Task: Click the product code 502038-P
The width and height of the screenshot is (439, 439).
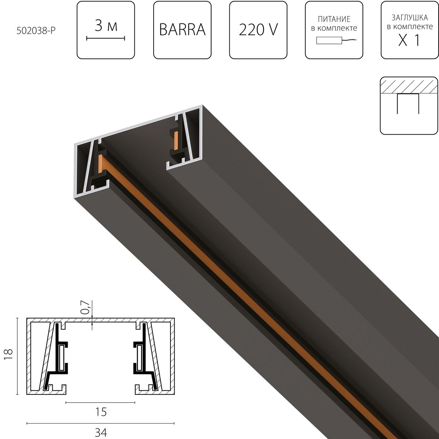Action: [x=35, y=31]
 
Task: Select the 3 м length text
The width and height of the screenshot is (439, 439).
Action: [x=106, y=26]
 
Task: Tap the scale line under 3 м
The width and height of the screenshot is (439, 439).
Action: [x=106, y=38]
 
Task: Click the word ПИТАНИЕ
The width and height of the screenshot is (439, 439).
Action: [x=334, y=19]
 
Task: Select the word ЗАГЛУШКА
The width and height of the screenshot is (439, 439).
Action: [x=410, y=18]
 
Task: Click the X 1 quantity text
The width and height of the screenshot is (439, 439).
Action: [x=409, y=41]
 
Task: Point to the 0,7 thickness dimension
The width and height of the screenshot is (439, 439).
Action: [x=85, y=307]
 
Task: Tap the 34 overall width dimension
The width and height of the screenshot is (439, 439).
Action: [x=101, y=432]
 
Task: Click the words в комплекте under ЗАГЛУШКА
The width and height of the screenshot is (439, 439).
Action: [x=410, y=27]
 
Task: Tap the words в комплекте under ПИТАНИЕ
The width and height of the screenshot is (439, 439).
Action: [x=334, y=28]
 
